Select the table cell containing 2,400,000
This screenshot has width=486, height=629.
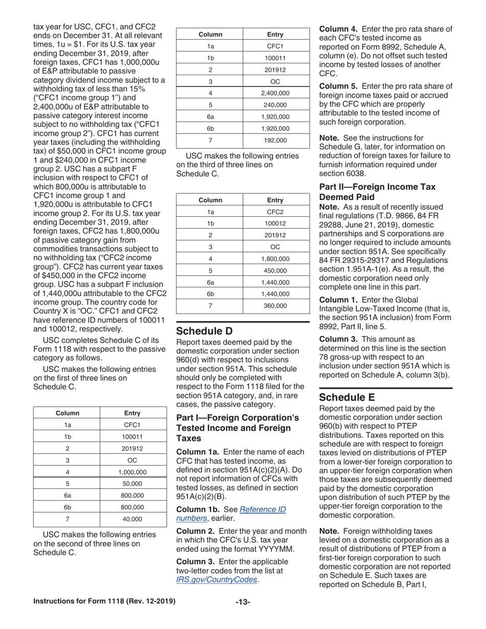[x=276, y=93]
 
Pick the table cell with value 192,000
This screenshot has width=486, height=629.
[x=276, y=140]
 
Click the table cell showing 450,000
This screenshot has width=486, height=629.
[x=276, y=271]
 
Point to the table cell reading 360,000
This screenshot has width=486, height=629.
[x=276, y=306]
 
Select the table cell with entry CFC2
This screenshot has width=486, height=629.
[x=276, y=212]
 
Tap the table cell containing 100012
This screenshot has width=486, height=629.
[x=276, y=223]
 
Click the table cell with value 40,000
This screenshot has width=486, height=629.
[x=133, y=519]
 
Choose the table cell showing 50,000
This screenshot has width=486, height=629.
[x=133, y=484]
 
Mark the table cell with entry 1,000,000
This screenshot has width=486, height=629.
[x=133, y=472]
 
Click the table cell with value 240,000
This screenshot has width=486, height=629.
[x=276, y=105]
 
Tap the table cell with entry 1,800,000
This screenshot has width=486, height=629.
[x=276, y=259]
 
